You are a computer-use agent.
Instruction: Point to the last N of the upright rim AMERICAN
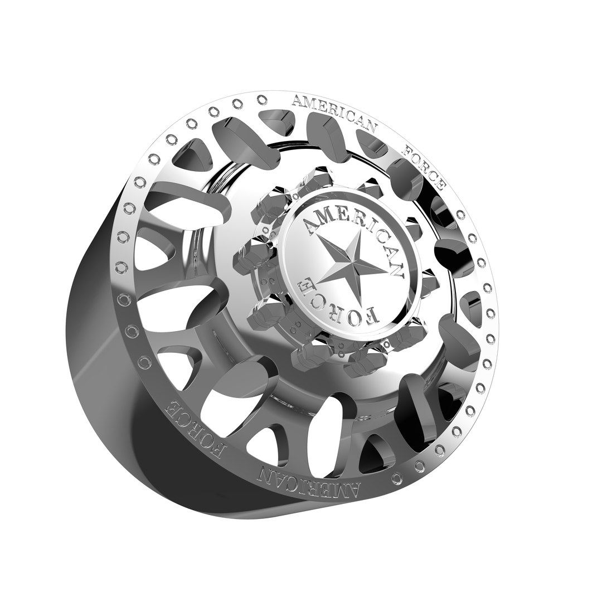[370, 128]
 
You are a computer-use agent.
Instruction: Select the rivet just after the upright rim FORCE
[460, 214]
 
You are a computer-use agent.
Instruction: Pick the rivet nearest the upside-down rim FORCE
[144, 363]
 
